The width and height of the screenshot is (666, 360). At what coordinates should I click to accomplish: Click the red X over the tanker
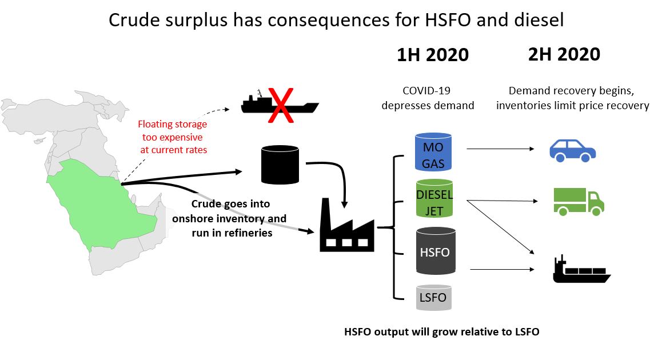tap(281, 105)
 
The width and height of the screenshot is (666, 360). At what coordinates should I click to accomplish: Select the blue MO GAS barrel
tap(433, 151)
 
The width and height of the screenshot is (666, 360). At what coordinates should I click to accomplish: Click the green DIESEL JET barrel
tap(434, 198)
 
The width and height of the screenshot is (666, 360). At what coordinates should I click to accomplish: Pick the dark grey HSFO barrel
tap(436, 251)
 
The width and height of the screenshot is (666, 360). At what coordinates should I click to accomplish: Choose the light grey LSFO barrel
tap(434, 297)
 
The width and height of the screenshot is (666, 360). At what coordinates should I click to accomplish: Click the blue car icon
tap(573, 151)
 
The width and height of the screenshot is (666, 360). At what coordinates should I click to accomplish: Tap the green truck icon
tap(579, 202)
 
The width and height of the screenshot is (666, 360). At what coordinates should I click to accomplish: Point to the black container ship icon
tap(581, 270)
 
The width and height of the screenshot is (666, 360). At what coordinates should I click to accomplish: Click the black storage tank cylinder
tap(280, 165)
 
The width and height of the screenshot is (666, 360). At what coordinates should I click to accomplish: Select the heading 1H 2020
tap(432, 55)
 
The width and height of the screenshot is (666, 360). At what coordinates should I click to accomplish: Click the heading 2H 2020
tap(564, 54)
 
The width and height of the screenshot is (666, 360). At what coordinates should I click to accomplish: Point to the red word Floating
tap(154, 125)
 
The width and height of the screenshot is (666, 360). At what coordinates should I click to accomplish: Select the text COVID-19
tap(426, 90)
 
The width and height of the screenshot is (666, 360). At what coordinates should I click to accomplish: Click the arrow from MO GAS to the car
tap(500, 149)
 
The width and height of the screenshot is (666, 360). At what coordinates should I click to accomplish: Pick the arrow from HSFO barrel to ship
tap(502, 269)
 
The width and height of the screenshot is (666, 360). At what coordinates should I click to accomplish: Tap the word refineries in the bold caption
tap(249, 233)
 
